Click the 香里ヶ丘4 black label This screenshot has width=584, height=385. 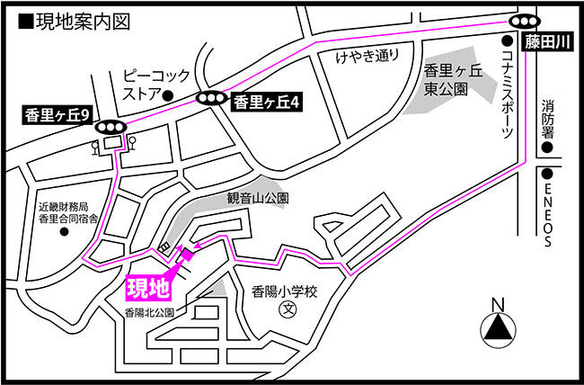point(266,103)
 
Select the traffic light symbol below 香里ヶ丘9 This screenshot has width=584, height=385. point(110,128)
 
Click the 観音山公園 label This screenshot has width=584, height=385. point(257,198)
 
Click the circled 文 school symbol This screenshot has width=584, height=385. point(288,309)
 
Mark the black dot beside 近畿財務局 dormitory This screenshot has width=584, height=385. point(64,231)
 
